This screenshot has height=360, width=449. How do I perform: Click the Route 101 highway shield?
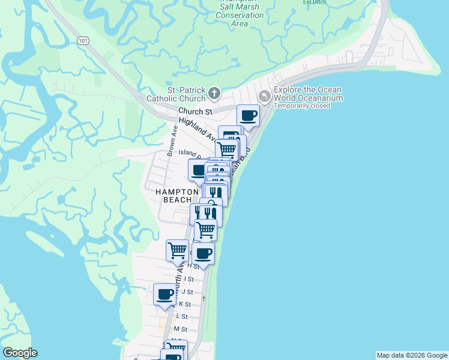click(x=82, y=40)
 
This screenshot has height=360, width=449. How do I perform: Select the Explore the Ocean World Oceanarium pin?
click(x=264, y=95)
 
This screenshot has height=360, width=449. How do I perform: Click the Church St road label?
click(x=196, y=112)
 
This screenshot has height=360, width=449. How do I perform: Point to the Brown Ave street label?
click(x=173, y=142)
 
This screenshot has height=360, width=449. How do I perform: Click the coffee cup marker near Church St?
click(x=248, y=115)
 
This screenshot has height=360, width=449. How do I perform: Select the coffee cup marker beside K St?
click(x=165, y=294)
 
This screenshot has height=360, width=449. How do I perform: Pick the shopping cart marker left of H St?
click(x=177, y=250)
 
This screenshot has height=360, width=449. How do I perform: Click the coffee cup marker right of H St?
click(x=204, y=253)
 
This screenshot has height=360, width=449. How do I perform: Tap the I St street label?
click(x=189, y=279)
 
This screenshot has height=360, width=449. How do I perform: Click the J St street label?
click(x=187, y=292)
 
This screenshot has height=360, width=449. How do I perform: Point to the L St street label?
click(x=182, y=316)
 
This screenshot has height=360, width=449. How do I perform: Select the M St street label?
click(x=180, y=329)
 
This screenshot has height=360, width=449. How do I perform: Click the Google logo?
click(x=20, y=353)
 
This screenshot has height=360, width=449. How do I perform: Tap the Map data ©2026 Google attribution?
click(x=412, y=355)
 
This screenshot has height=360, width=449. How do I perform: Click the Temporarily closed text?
click(x=303, y=106)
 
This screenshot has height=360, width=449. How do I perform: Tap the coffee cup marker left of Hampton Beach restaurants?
click(x=199, y=170)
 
